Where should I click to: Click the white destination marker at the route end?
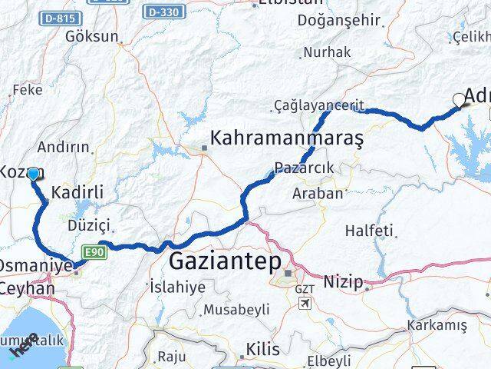click(460, 99)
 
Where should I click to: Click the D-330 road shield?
click(163, 12)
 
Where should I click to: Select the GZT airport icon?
click(305, 303)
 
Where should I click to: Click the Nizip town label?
click(343, 282)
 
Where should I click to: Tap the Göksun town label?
click(92, 36)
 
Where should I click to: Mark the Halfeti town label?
click(369, 231)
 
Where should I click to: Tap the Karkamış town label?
click(437, 325)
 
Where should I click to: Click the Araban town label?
click(318, 193)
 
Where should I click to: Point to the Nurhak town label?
click(326, 52)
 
